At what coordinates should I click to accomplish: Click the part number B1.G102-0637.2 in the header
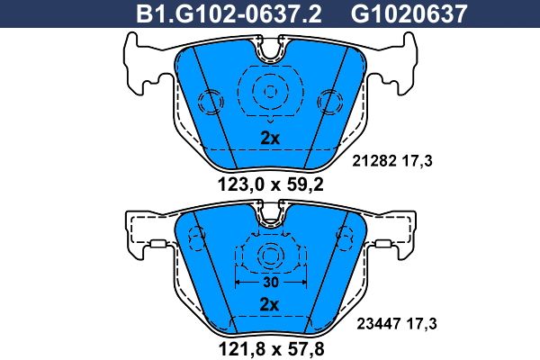pos(229,13)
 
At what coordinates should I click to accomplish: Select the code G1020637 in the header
pos(409,13)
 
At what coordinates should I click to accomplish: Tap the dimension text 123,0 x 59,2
pos(271,184)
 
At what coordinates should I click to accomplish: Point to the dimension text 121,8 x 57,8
pos(272,348)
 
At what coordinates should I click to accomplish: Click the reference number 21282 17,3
pos(391,161)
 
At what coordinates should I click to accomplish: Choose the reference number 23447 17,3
pos(397,324)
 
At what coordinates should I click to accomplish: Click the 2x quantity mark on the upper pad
pos(270,139)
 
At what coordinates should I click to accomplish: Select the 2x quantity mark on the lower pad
pos(269,304)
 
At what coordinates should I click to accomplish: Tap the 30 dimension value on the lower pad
pos(271,282)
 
